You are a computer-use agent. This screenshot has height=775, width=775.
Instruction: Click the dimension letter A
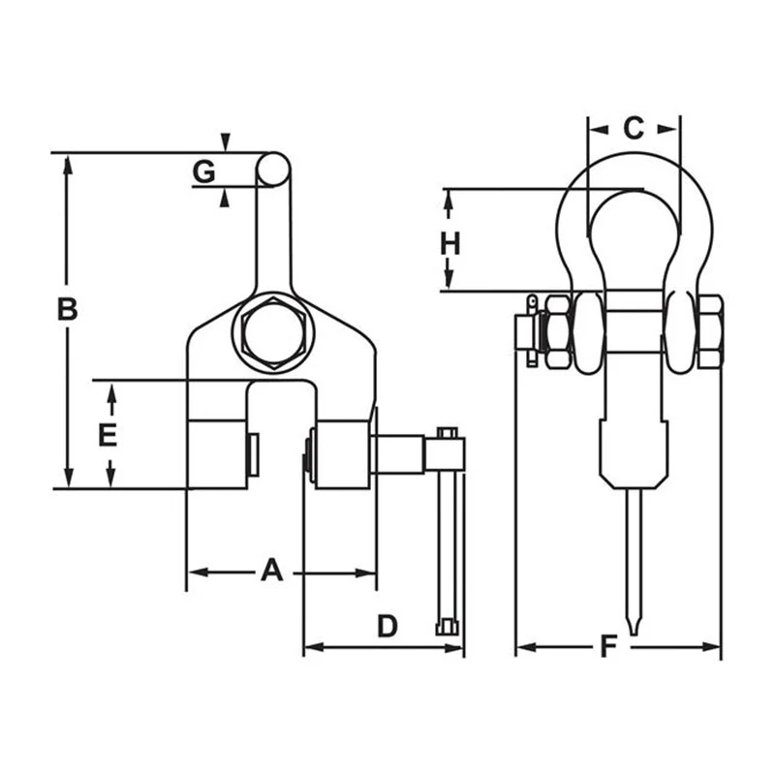click(272, 570)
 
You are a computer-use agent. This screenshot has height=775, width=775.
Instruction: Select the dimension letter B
click(67, 309)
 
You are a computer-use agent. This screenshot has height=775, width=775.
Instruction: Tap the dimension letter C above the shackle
click(634, 128)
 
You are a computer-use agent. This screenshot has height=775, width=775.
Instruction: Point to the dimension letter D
click(387, 626)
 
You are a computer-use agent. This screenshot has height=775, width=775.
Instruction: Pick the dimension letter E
click(108, 435)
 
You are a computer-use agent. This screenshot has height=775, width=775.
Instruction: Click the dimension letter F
click(608, 646)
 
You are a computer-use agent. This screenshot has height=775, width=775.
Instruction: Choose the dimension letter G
click(203, 171)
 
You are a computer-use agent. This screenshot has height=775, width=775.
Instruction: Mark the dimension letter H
click(449, 244)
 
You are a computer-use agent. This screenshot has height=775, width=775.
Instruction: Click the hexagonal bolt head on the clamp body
click(273, 332)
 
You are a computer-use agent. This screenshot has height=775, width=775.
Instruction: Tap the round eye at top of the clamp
click(273, 169)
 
